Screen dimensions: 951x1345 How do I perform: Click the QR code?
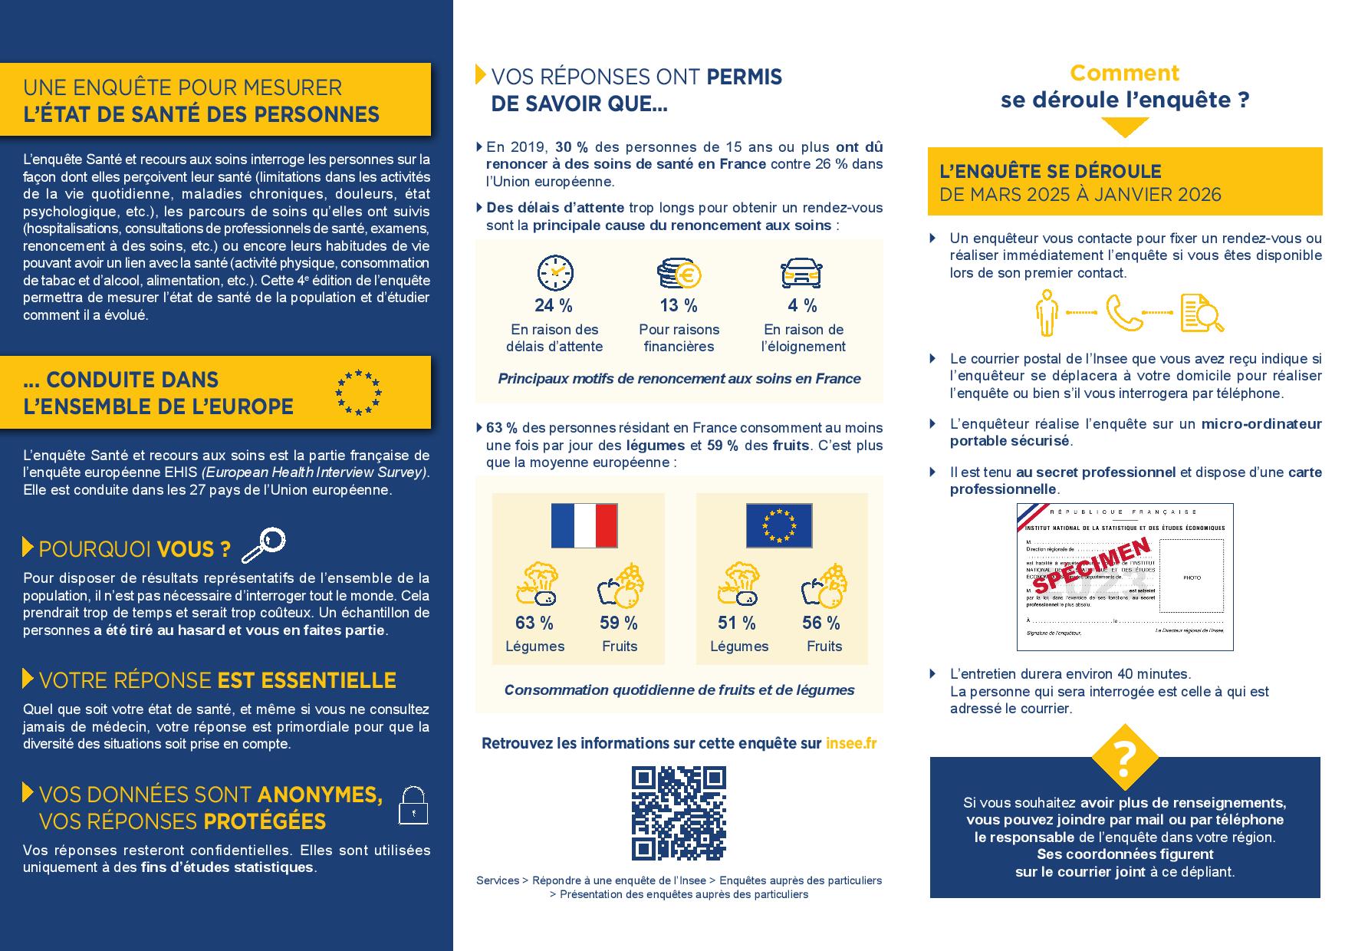point(679,813)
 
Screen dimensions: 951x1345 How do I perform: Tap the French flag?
point(584,525)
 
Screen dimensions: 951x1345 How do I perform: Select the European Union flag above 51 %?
point(779,525)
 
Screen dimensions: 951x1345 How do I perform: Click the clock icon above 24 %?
point(555,272)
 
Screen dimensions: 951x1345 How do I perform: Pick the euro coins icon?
point(679,272)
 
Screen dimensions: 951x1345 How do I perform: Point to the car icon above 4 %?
point(801,272)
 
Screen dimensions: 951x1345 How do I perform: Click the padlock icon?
point(413,805)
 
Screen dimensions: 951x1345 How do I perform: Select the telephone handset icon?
point(1124,313)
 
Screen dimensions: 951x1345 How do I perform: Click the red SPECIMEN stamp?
point(1092,566)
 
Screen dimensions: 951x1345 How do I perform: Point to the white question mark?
point(1125,757)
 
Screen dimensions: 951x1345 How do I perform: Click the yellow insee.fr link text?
point(851,743)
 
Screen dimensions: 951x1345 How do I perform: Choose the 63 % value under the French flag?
point(534,623)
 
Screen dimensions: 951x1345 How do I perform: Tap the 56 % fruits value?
point(821,623)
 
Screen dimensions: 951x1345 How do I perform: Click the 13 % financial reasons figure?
point(679,305)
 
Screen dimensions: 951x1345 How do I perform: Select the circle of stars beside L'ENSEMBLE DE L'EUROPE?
point(358,393)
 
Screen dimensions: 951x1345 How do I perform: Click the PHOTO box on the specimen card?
point(1192,578)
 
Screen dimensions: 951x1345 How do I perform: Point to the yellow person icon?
point(1046,313)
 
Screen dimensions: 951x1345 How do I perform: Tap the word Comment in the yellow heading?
point(1124,73)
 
